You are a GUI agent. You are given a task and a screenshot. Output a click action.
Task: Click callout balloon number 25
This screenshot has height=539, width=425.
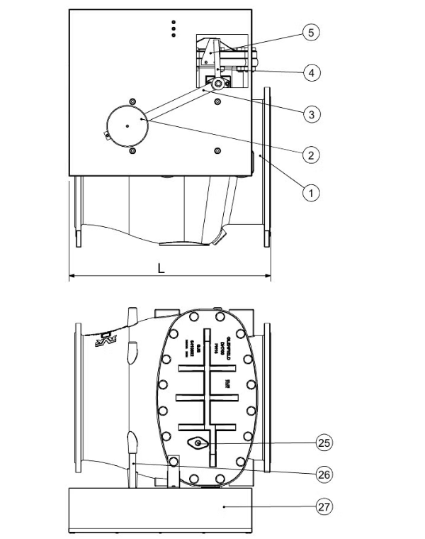[324, 442]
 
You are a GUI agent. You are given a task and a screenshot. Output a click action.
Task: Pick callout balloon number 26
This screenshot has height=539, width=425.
[324, 473]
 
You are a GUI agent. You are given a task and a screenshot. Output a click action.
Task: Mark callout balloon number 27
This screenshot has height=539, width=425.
[324, 506]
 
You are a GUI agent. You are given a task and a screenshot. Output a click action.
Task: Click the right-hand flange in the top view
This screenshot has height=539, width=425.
[266, 167]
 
